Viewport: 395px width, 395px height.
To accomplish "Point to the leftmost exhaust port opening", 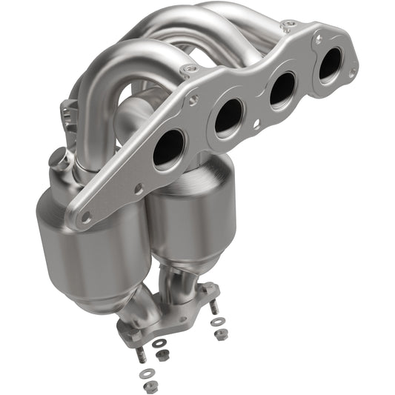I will pyautogui.click(x=170, y=146).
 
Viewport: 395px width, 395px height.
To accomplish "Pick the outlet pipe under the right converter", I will pyautogui.click(x=185, y=279).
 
